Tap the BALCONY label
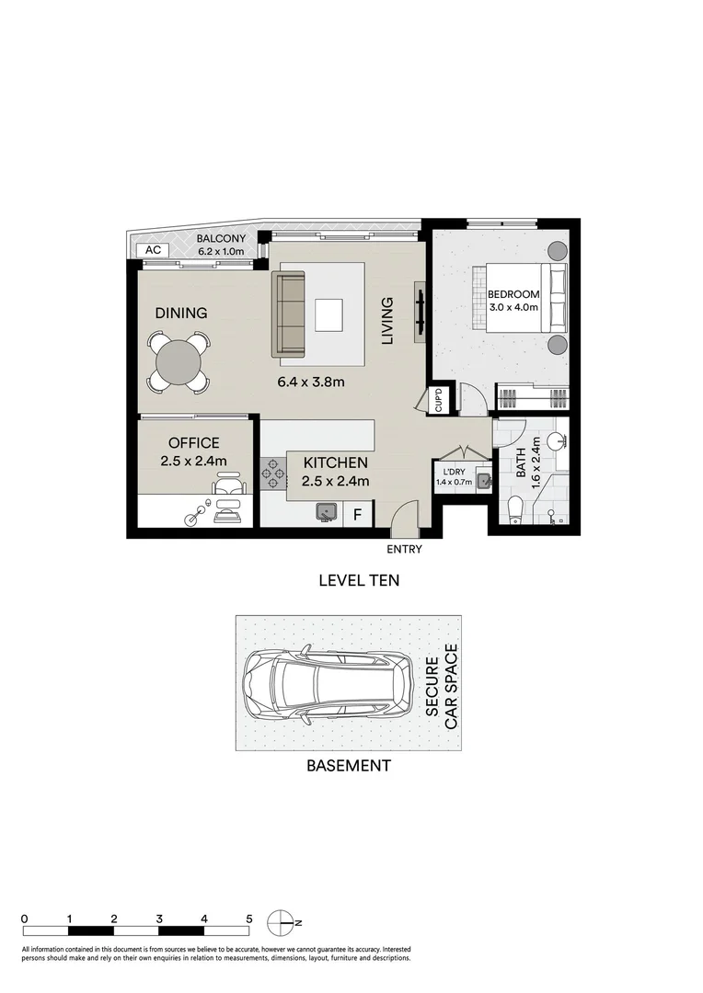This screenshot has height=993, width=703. [x=221, y=239]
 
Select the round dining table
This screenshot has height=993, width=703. [x=178, y=362]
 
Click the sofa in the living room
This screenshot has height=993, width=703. [x=289, y=314]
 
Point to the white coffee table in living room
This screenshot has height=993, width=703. [x=331, y=314]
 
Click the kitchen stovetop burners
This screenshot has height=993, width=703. [x=272, y=473]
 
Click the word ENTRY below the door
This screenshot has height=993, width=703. [x=405, y=550]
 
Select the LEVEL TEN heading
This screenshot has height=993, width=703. [x=359, y=580]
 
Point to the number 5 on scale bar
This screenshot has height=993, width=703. [x=248, y=919]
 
